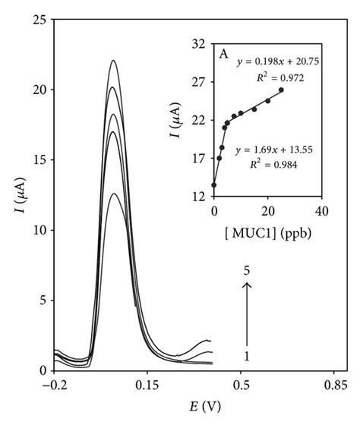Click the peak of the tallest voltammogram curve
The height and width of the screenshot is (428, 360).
pos(113,61)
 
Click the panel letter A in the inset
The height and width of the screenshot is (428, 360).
pos(224,55)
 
